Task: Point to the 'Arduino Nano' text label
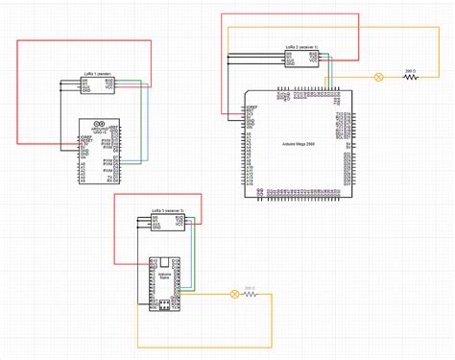tap(164, 276)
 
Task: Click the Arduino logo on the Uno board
tap(95, 124)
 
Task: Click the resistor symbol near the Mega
tap(411, 77)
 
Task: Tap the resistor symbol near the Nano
tap(251, 294)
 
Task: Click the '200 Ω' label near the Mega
tap(410, 70)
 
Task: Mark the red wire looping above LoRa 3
tap(158, 194)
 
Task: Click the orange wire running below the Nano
tap(202, 346)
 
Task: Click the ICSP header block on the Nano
tap(164, 305)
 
